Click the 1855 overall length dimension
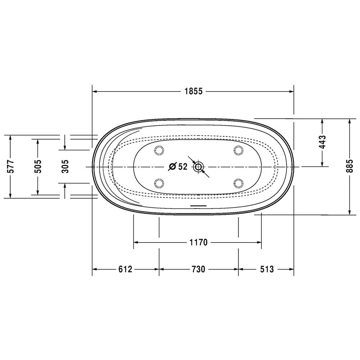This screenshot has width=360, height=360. click(194, 91)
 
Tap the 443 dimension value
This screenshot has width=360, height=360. click(322, 142)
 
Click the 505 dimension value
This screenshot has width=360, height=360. click(38, 166)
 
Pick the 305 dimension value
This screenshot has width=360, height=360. click(65, 166)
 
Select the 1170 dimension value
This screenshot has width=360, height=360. click(198, 242)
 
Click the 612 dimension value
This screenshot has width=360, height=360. click(125, 269)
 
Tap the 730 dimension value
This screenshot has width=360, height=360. click(198, 269)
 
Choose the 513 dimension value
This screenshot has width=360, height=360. click(267, 269)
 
